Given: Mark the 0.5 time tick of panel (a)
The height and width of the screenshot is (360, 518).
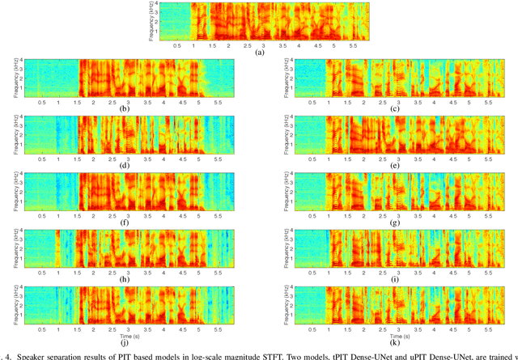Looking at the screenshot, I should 177,45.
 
